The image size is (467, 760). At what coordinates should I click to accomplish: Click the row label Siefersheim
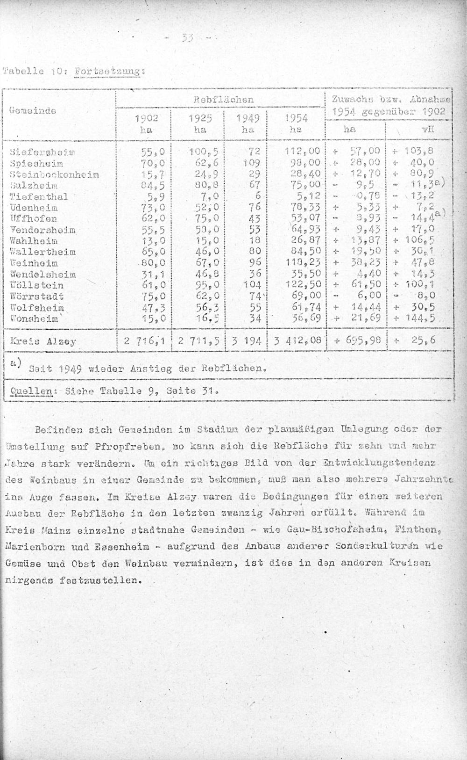42,152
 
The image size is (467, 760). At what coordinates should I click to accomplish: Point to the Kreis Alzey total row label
42,341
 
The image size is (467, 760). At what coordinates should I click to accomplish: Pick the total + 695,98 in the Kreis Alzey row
357,340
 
